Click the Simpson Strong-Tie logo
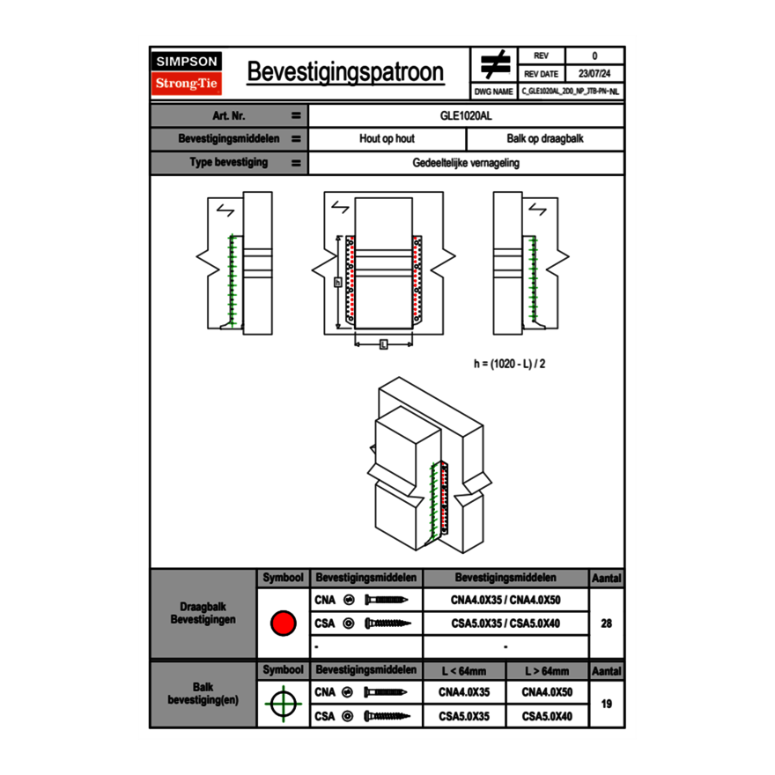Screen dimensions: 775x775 click(x=188, y=73)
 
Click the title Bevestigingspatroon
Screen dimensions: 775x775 click(x=345, y=72)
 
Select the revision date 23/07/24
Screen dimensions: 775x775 click(x=594, y=74)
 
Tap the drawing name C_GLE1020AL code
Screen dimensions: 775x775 click(x=570, y=92)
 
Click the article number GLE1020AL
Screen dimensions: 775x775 click(x=466, y=115)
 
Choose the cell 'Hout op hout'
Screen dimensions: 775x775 click(x=387, y=139)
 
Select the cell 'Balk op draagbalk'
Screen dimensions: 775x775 click(x=544, y=139)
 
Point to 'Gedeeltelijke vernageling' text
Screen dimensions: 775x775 click(x=466, y=163)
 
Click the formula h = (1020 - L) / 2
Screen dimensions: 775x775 click(x=516, y=363)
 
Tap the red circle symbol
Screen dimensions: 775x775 click(x=282, y=624)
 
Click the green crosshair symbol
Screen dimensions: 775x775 click(x=282, y=704)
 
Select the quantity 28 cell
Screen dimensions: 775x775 click(x=606, y=624)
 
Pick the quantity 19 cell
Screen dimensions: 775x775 click(x=606, y=704)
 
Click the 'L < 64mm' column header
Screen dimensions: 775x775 click(x=464, y=671)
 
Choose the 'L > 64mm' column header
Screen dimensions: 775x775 click(x=547, y=671)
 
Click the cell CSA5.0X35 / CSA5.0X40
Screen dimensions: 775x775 click(x=506, y=624)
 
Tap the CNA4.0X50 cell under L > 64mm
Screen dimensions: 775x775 click(x=547, y=692)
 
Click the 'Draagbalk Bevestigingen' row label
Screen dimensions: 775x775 click(x=203, y=614)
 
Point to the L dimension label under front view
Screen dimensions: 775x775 click(x=383, y=344)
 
